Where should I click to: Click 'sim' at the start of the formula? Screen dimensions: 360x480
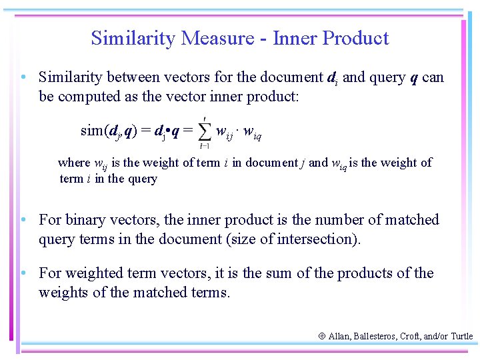click(91, 131)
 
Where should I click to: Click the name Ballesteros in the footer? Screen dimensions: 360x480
click(370, 337)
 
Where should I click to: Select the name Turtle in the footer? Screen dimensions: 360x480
click(461, 337)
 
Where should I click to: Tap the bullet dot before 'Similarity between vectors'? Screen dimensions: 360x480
click(23, 78)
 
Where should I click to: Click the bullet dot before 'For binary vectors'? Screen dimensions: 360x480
click(23, 220)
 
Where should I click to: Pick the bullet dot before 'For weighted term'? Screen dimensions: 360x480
click(23, 273)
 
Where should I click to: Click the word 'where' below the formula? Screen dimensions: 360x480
click(73, 163)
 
